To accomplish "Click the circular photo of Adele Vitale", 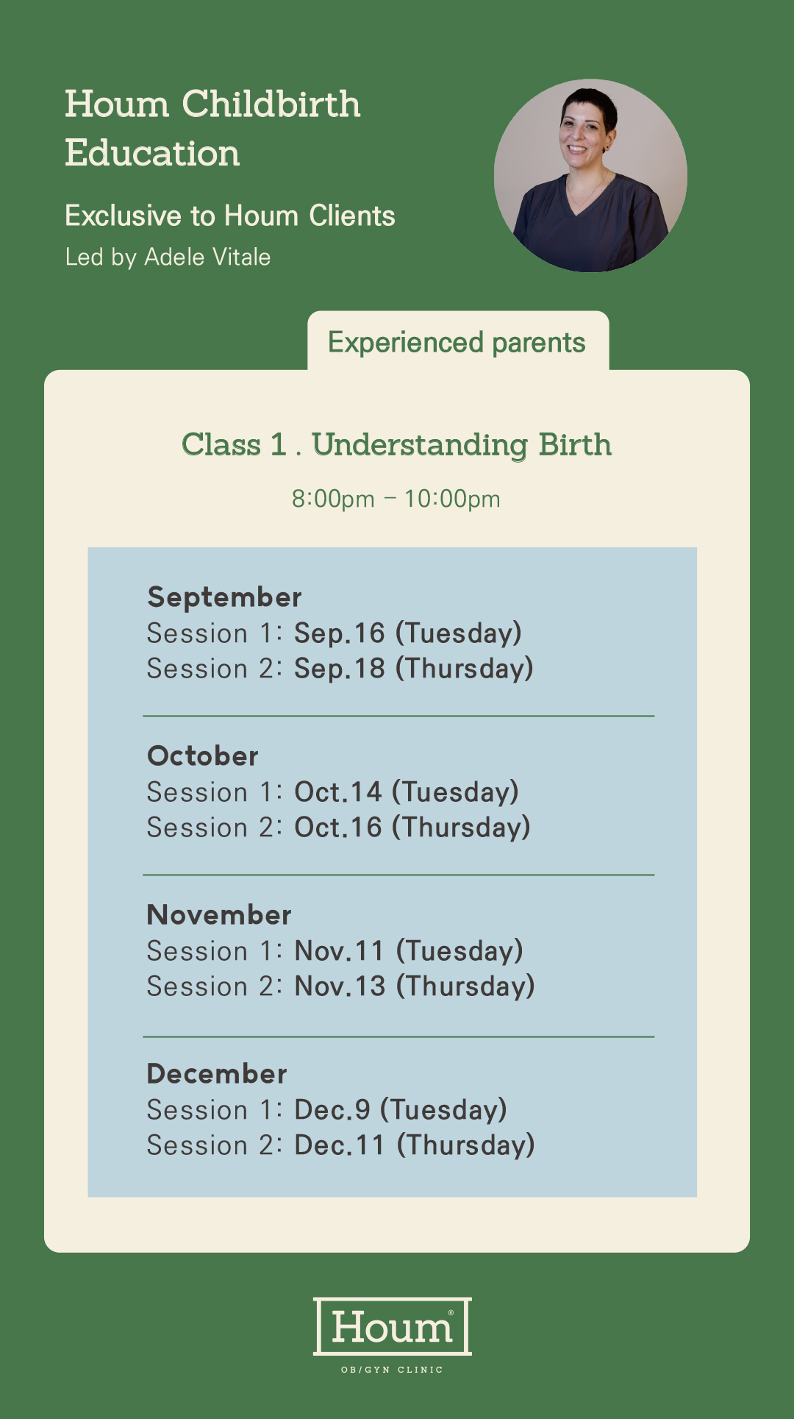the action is pyautogui.click(x=590, y=176).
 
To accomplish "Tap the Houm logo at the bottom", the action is pyautogui.click(x=393, y=1326).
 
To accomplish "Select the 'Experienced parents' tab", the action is pyautogui.click(x=457, y=342).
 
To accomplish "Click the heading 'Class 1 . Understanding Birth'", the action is pyautogui.click(x=397, y=445).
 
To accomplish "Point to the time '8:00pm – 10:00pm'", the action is pyautogui.click(x=396, y=499).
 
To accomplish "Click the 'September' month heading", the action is pyautogui.click(x=224, y=597).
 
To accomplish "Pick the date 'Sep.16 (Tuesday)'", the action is pyautogui.click(x=408, y=633).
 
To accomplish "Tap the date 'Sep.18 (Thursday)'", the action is pyautogui.click(x=414, y=669).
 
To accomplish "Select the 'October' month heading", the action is pyautogui.click(x=203, y=755).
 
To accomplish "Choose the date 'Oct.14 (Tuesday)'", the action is pyautogui.click(x=407, y=792).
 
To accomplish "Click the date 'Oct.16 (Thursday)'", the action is pyautogui.click(x=412, y=828).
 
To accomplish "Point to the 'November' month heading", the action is pyautogui.click(x=219, y=914).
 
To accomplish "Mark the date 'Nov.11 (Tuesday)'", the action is pyautogui.click(x=409, y=951).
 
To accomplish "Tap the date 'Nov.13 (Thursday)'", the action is pyautogui.click(x=415, y=986).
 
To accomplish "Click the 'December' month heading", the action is pyautogui.click(x=217, y=1073).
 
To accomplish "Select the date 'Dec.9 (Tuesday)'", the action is pyautogui.click(x=401, y=1110).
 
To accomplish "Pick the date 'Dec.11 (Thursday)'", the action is pyautogui.click(x=415, y=1145).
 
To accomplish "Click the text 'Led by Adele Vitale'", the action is pyautogui.click(x=168, y=257).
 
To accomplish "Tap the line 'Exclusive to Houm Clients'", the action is pyautogui.click(x=230, y=216).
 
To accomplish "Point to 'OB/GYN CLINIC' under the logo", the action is pyautogui.click(x=393, y=1370).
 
